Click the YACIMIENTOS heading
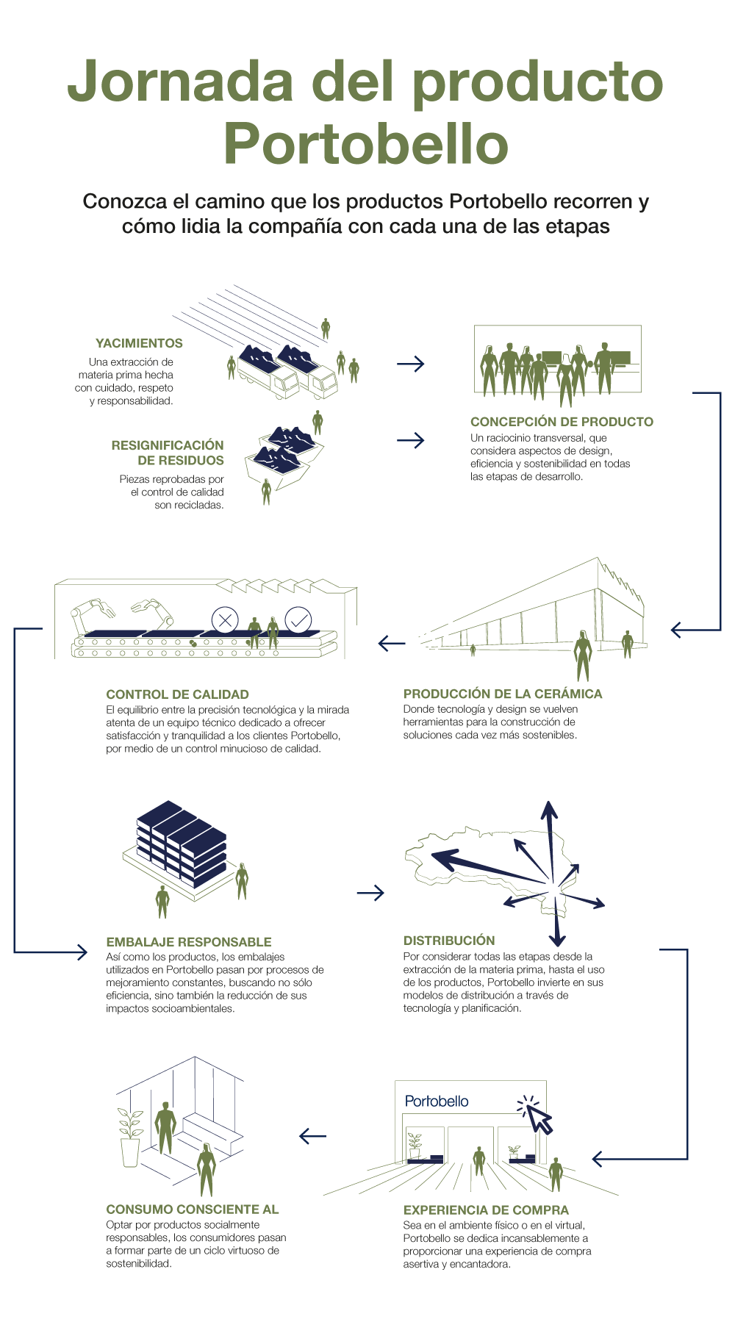click(139, 343)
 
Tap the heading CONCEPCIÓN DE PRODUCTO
click(562, 422)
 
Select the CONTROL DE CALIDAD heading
click(177, 694)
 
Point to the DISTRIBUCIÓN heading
click(449, 941)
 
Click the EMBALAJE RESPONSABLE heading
click(189, 942)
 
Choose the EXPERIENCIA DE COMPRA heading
click(486, 1210)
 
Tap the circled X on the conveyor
click(225, 619)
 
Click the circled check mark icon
click(298, 620)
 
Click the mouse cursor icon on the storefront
click(537, 1116)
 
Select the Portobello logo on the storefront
click(437, 1102)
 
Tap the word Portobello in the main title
click(366, 144)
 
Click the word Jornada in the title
click(181, 81)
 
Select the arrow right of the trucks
click(410, 364)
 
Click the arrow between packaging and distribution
click(370, 893)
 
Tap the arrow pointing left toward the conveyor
click(392, 643)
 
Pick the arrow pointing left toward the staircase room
click(312, 1136)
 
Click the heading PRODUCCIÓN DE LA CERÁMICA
click(502, 694)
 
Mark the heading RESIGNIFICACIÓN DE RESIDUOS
click(168, 453)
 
